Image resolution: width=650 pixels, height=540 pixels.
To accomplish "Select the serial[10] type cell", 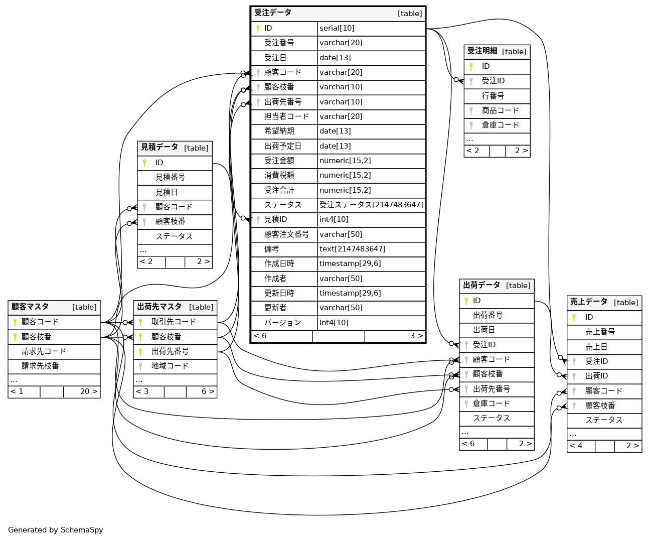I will [x=337, y=29].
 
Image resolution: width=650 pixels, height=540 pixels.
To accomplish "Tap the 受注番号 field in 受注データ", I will [x=279, y=43].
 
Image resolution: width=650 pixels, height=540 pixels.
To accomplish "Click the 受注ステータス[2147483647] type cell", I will [x=371, y=205].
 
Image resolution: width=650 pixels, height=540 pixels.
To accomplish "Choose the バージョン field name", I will [x=282, y=323].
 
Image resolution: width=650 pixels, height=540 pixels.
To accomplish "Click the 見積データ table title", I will [x=159, y=148].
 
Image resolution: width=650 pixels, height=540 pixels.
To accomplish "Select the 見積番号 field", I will [x=170, y=178].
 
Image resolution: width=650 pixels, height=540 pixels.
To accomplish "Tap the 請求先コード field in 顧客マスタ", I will [x=44, y=352].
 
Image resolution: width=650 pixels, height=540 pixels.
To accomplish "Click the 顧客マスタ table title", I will [x=30, y=307].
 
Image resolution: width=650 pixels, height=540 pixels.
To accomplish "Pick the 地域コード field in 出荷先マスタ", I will [x=170, y=366].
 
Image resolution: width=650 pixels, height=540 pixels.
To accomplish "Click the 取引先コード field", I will [x=174, y=322].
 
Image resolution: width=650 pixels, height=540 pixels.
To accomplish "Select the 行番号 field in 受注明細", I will [x=493, y=96].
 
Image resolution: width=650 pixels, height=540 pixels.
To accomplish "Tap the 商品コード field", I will [x=500, y=111].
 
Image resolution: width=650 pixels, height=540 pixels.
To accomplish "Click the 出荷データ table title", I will [x=481, y=286].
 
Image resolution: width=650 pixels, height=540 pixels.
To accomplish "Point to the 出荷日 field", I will [x=484, y=330].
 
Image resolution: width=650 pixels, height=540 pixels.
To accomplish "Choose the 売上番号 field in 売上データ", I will [x=600, y=332].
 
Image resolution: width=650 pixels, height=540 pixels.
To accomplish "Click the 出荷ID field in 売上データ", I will [x=596, y=376].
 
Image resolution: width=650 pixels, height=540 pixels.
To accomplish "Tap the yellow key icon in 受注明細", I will [x=471, y=67].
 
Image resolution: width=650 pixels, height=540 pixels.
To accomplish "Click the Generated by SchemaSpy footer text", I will [x=56, y=530].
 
